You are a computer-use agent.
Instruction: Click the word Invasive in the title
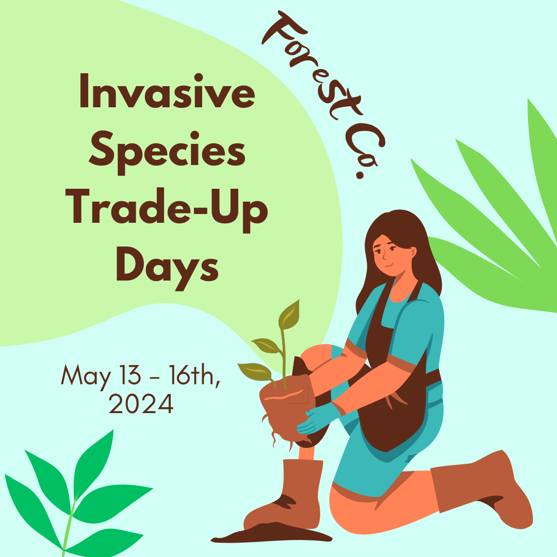tap(167, 92)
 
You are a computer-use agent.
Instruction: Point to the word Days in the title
tap(167, 268)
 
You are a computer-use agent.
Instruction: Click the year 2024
tap(141, 404)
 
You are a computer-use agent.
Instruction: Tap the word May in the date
tap(85, 375)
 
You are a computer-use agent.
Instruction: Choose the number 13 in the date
tap(128, 375)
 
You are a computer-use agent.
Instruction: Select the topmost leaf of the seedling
tap(289, 315)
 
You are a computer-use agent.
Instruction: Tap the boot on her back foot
tap(480, 490)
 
